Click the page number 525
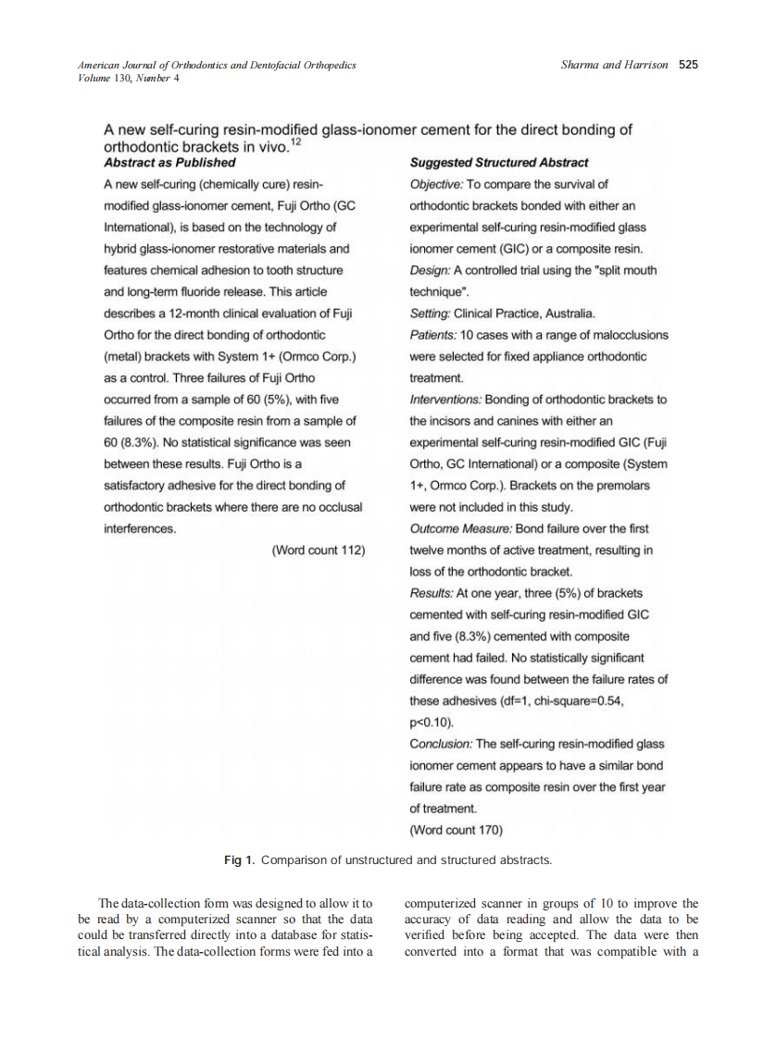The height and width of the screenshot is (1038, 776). tap(687, 65)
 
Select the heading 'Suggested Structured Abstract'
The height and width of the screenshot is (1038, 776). tap(498, 163)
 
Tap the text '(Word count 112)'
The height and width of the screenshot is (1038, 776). tap(318, 550)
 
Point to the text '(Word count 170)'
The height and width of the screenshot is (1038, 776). tap(456, 830)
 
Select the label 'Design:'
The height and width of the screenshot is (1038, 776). tap(429, 270)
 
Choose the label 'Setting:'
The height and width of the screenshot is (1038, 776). tap(430, 314)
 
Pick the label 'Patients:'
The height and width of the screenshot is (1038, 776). tap(432, 335)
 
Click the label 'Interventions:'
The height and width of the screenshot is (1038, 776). tap(445, 400)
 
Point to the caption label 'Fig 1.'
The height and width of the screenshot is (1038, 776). tap(239, 860)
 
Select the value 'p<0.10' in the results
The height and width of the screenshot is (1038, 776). tap(432, 723)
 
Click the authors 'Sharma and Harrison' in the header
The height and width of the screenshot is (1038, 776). tap(614, 65)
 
